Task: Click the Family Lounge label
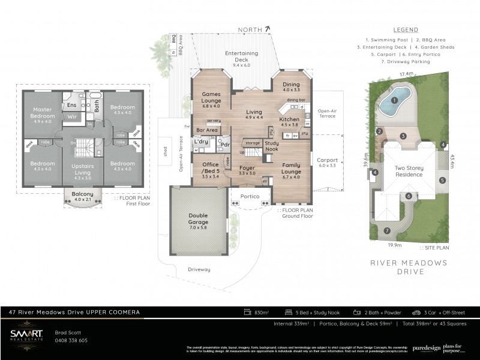click(x=291, y=169)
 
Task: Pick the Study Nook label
click(x=271, y=145)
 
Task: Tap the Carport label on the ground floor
click(x=327, y=160)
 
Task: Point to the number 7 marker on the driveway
click(x=386, y=230)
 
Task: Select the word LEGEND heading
click(x=405, y=29)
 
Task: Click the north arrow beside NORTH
click(x=268, y=28)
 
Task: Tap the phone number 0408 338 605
click(x=71, y=340)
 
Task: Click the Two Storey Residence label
click(x=409, y=172)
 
